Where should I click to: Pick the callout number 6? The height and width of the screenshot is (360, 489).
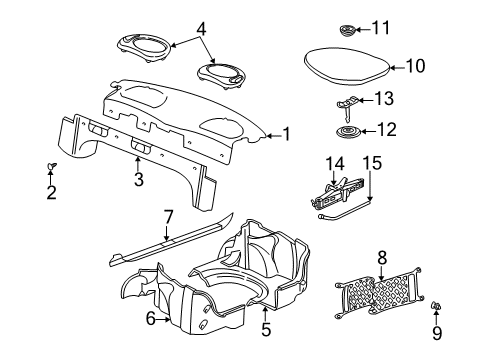pyautogui.click(x=151, y=319)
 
